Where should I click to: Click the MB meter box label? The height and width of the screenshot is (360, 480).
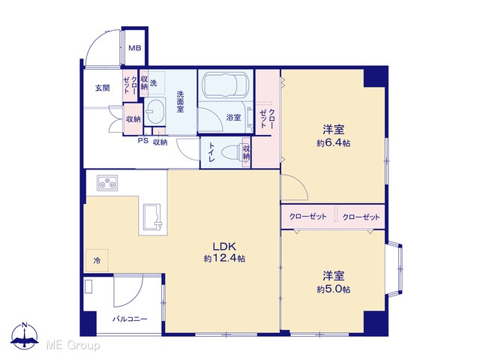coord(135,48)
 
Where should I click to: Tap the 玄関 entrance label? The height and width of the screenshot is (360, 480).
coord(103,88)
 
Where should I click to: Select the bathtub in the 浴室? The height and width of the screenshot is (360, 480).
coord(226,84)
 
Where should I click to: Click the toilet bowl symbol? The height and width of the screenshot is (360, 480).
coord(232,152)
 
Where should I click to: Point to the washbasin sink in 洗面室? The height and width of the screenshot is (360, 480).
coord(154,111)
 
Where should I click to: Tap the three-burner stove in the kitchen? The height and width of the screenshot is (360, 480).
coord(107,183)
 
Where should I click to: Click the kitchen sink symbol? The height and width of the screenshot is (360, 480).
coord(152,217)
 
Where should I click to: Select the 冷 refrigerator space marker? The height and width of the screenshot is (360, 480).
coord(97,261)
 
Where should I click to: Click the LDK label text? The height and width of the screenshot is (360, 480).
coord(224,246)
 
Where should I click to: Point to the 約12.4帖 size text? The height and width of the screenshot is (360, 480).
coord(224,259)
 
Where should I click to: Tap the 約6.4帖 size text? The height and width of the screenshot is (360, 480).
coord(334,143)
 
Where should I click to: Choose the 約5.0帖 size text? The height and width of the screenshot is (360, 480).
coord(334,289)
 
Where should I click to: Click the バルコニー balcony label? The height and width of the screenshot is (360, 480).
coord(130,319)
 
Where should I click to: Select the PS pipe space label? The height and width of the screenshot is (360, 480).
coord(143,140)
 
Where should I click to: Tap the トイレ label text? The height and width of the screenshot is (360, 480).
coord(211,152)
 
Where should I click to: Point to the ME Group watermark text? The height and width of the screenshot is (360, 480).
coord(73,346)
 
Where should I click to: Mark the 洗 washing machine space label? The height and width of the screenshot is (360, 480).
coord(153,82)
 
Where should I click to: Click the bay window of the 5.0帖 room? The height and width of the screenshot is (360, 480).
coord(395,268)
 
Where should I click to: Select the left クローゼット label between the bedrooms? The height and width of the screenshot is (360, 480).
coord(307,217)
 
